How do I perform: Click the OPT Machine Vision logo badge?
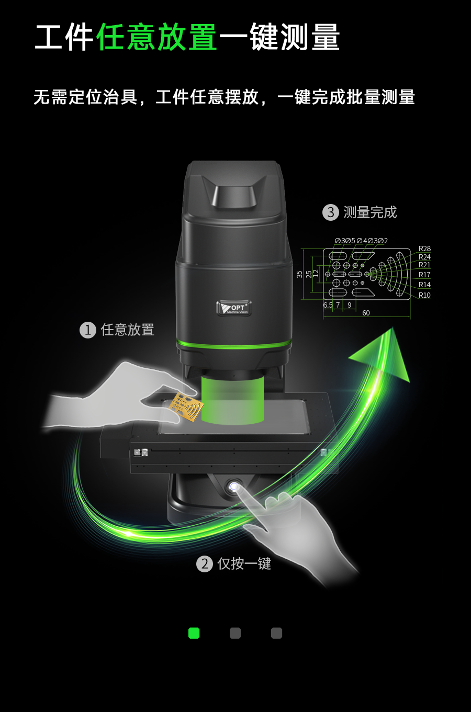tap(234, 308)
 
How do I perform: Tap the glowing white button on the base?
tap(234, 487)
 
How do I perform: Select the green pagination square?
tap(194, 633)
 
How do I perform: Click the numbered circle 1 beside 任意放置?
tap(88, 330)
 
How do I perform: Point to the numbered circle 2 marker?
tap(205, 564)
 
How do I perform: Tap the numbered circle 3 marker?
tap(331, 212)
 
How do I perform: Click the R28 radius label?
tap(424, 248)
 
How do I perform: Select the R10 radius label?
tap(424, 295)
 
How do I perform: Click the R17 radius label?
tap(424, 275)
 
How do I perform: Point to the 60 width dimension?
tap(366, 313)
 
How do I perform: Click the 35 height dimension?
tap(299, 274)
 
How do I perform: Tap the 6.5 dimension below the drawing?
tap(328, 305)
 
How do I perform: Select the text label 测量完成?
tap(370, 212)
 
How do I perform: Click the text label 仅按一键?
tap(244, 564)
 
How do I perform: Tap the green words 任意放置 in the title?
tap(156, 37)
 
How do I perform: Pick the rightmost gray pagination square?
tap(276, 633)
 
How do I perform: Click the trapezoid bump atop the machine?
tap(234, 194)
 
